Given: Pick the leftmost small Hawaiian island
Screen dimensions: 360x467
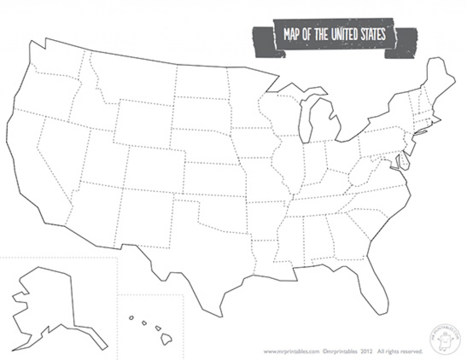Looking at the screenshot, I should click(131, 318).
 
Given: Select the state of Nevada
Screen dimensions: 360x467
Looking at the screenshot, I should click(64, 150).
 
